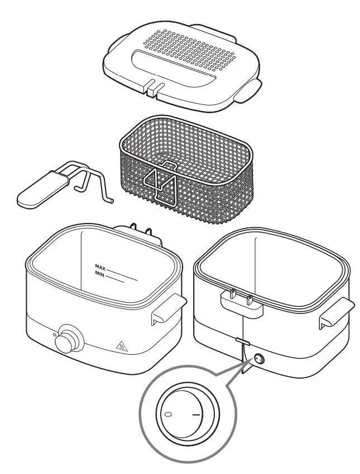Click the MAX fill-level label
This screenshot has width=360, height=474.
tap(100, 267)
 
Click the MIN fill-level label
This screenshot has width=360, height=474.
tap(100, 274)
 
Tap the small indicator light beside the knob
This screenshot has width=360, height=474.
tap(54, 335)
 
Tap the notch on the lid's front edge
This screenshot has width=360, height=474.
tap(152, 86)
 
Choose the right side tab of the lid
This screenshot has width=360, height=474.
tap(248, 89)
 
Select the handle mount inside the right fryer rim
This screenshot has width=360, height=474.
tap(240, 300)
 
